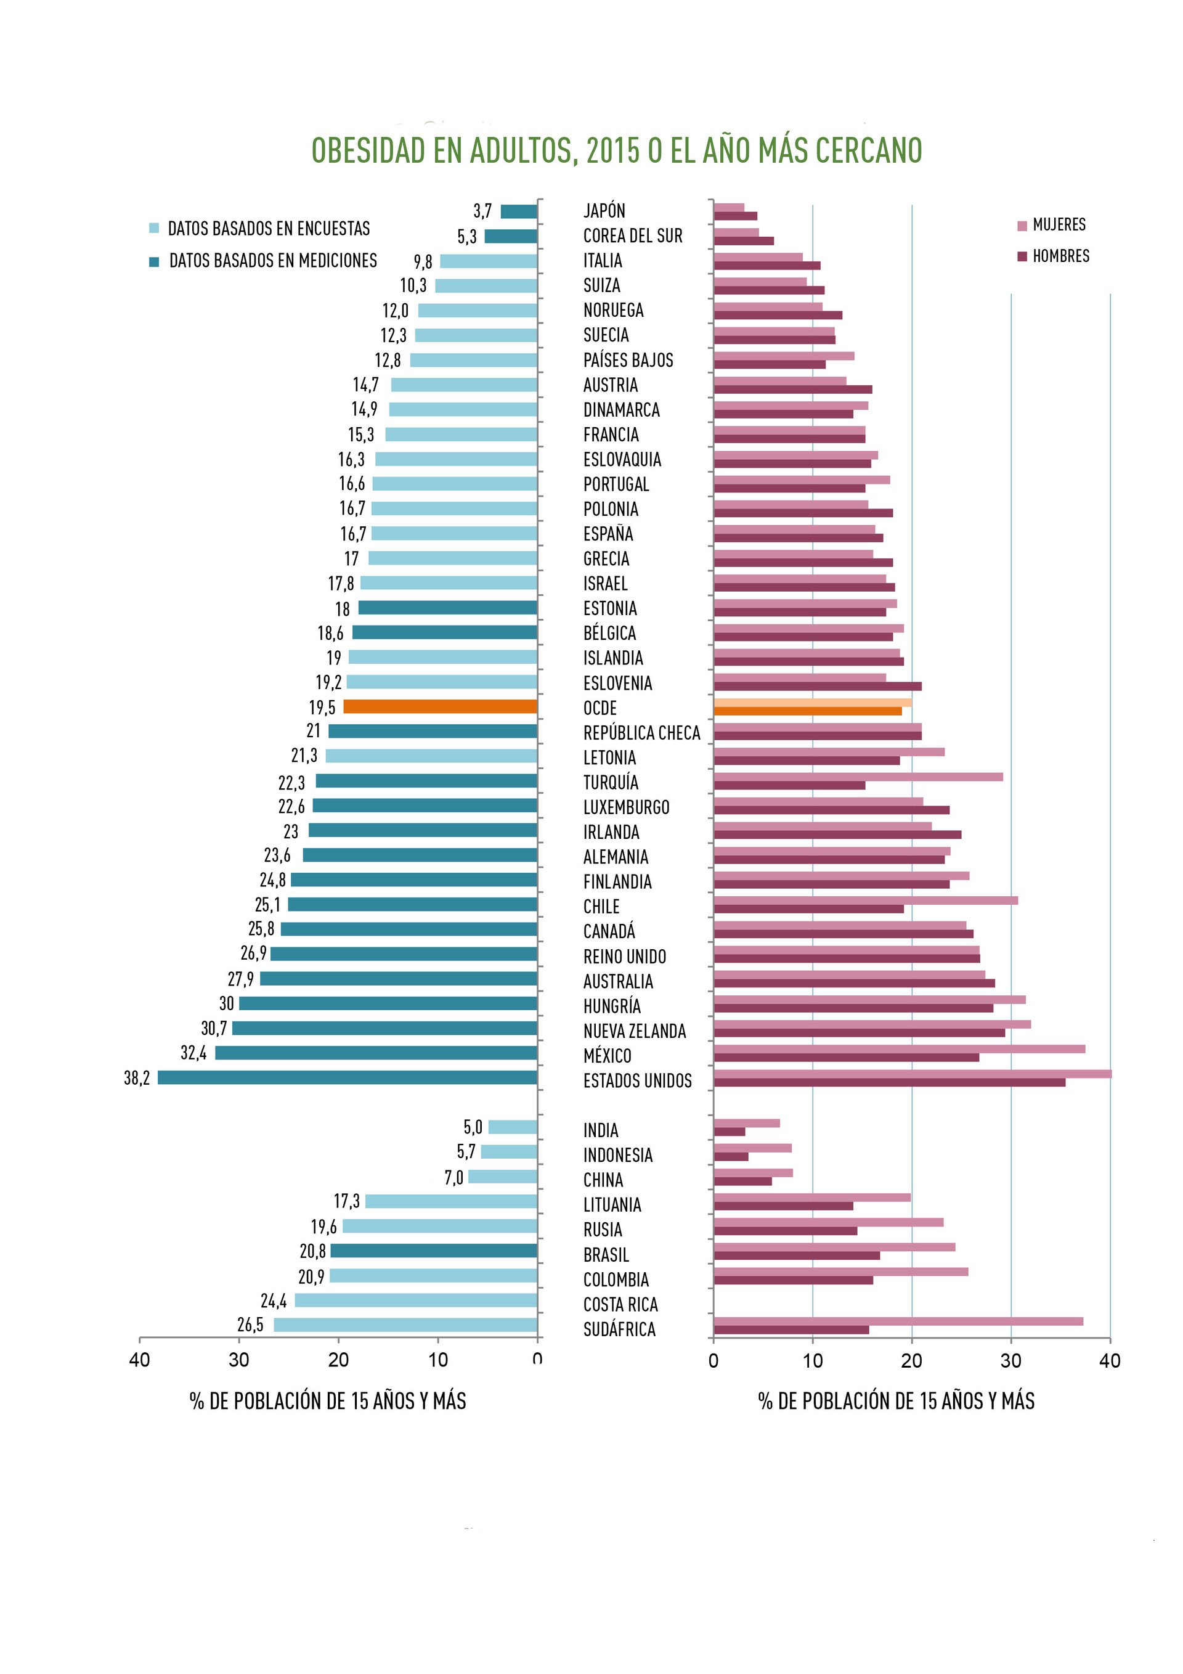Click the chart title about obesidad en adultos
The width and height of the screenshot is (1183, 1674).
(x=617, y=150)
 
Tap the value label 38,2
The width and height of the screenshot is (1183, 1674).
(x=136, y=1077)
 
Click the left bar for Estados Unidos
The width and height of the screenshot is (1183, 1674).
(x=347, y=1077)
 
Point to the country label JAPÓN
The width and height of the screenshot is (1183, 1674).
(x=604, y=211)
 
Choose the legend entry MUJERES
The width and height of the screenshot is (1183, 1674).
(x=1059, y=224)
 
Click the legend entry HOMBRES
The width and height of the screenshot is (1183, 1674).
(x=1060, y=256)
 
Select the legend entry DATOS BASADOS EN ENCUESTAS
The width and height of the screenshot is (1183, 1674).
(x=268, y=228)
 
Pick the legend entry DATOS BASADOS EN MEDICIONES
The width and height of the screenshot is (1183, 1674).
(x=272, y=260)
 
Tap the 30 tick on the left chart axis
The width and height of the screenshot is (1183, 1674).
(x=239, y=1360)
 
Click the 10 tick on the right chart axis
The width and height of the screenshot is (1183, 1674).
(x=813, y=1360)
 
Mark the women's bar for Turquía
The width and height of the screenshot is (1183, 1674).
(x=858, y=777)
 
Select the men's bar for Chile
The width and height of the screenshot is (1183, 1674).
(x=808, y=908)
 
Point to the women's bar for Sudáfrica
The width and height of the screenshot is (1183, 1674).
(x=898, y=1321)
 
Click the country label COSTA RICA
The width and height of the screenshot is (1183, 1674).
(x=620, y=1304)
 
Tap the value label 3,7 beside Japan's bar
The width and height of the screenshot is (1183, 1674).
(x=482, y=211)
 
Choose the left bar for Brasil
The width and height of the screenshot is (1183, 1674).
(x=434, y=1251)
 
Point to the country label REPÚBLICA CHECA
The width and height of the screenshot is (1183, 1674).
(x=641, y=733)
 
